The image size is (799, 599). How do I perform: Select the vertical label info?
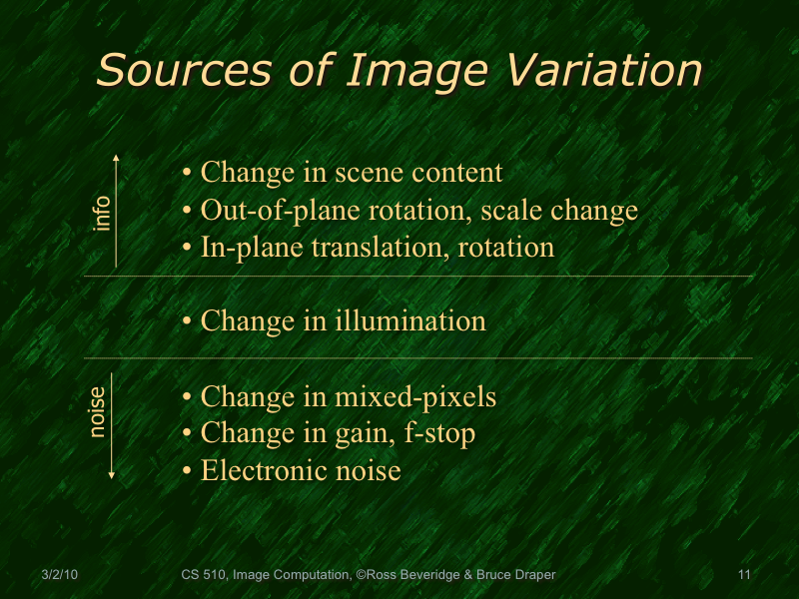coord(102,212)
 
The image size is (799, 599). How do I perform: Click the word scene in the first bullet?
coord(377,173)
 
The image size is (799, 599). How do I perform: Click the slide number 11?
coord(743,575)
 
